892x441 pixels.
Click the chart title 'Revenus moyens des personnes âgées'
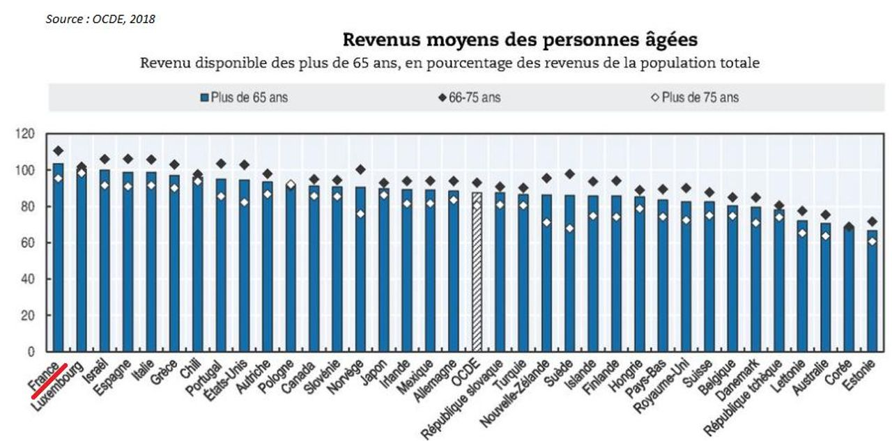point(520,40)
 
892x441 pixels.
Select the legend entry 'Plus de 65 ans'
point(244,98)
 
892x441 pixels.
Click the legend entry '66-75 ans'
point(470,98)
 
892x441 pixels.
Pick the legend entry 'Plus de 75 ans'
point(695,98)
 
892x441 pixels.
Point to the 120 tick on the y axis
point(24,134)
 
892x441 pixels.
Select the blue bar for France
point(58,258)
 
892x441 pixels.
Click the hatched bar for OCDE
point(477,272)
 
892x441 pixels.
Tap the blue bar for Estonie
point(872,291)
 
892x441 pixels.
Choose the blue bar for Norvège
point(360,270)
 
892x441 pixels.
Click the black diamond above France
point(58,151)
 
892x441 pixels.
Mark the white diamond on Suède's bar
point(570,229)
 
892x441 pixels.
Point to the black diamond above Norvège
point(360,169)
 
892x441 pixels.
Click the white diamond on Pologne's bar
point(291,185)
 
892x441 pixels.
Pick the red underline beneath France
point(49,380)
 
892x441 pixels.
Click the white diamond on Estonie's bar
point(872,242)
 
